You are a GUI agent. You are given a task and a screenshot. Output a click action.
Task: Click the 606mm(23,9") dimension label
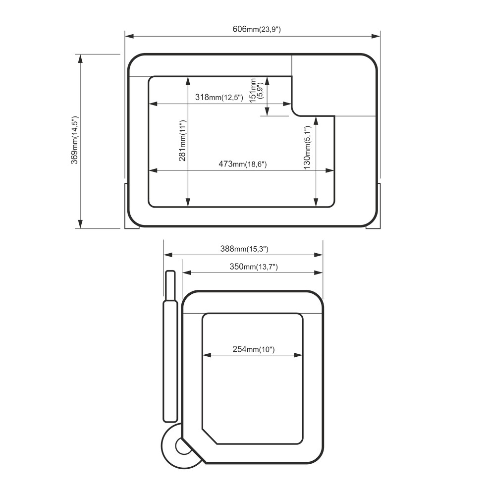(x=257, y=29)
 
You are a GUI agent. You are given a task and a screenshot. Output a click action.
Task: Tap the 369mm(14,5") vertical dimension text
(x=74, y=140)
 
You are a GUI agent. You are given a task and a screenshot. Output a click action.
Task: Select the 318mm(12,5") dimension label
(x=219, y=97)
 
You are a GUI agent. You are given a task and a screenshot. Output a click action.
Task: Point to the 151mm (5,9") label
(x=256, y=90)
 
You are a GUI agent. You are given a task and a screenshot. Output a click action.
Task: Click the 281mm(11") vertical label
(x=183, y=141)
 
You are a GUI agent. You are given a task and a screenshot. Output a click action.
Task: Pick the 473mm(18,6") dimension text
(x=243, y=164)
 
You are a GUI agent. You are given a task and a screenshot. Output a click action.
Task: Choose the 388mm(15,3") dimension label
(x=244, y=249)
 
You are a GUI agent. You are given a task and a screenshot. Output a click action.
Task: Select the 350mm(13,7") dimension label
(x=254, y=267)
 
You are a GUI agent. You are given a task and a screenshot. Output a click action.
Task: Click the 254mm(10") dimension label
(x=254, y=349)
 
